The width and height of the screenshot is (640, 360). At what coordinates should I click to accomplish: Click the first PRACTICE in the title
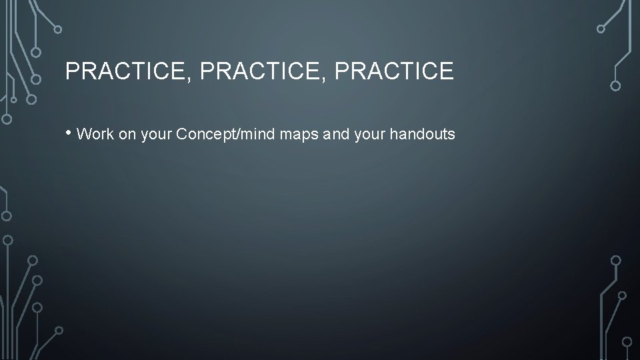click(x=125, y=71)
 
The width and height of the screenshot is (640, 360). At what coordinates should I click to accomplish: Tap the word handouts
click(x=423, y=135)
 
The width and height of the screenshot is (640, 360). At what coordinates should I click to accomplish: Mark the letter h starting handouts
click(x=393, y=135)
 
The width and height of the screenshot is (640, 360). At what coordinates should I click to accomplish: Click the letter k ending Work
click(x=109, y=135)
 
